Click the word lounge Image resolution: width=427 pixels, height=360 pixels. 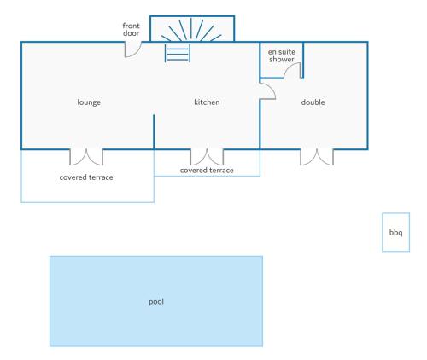89,102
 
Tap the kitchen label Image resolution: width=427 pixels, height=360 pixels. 207,102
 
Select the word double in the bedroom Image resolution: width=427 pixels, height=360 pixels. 313,102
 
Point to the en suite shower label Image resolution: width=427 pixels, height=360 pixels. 282,55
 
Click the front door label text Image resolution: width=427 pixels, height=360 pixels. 132,30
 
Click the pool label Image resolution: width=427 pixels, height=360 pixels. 156,302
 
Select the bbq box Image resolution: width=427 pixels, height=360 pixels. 395,232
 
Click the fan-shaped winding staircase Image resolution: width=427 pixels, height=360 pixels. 191,29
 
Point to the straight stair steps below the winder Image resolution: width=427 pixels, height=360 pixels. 178,53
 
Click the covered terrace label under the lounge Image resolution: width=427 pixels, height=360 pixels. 86,177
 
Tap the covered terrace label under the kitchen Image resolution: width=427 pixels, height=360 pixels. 207,171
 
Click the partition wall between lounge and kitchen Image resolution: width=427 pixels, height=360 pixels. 154,132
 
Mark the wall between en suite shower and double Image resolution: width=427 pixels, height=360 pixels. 303,61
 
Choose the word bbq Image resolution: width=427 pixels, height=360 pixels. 396,233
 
